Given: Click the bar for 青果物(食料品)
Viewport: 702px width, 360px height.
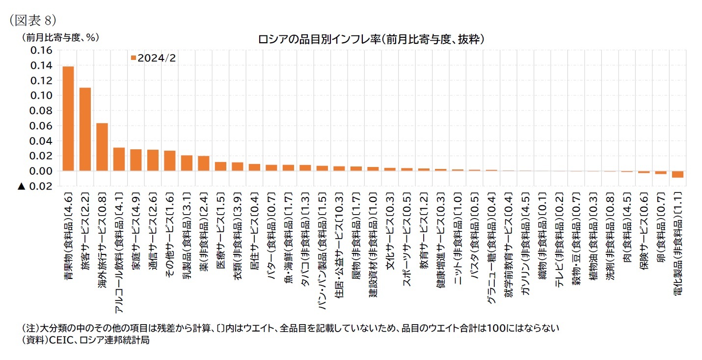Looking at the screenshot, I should [68, 118].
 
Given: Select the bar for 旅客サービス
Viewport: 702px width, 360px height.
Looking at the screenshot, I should [85, 129].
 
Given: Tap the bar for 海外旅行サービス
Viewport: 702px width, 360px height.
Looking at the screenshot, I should [102, 147].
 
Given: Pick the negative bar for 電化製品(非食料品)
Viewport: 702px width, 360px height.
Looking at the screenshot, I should [678, 174].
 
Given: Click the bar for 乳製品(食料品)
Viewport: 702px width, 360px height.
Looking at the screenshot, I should [187, 163].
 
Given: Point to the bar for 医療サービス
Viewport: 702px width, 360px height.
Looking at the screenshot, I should [220, 166].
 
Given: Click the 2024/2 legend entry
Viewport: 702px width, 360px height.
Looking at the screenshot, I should [153, 58].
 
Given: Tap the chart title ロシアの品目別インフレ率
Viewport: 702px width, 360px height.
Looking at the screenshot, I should [371, 39].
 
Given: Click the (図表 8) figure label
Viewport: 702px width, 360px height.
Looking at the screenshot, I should [33, 20].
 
